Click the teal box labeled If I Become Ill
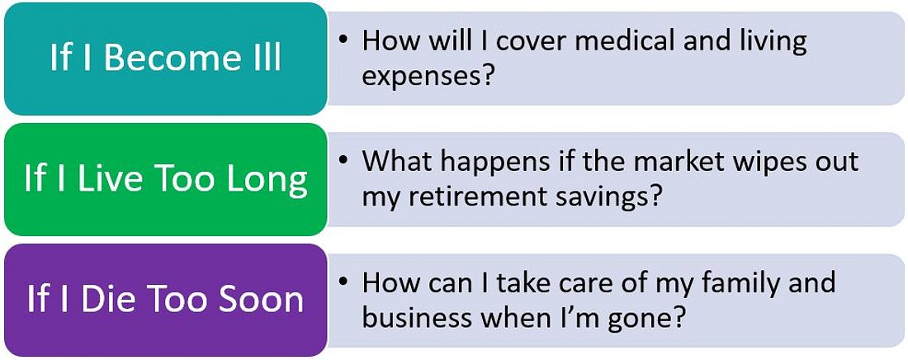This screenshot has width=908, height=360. [x=166, y=59]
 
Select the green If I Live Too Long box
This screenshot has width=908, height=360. [x=166, y=180]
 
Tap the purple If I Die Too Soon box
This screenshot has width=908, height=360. [x=166, y=301]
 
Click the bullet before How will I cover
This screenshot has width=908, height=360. [x=344, y=40]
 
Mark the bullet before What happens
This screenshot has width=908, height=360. [x=344, y=160]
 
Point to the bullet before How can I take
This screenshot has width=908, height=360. [x=344, y=282]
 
